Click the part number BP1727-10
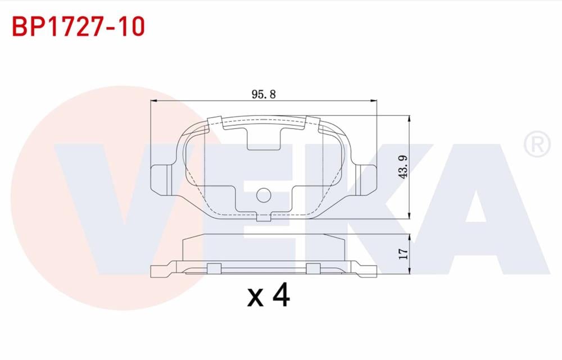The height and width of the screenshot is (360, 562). (x=78, y=26)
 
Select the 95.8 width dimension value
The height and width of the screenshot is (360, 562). (x=264, y=94)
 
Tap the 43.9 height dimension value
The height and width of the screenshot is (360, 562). (x=402, y=167)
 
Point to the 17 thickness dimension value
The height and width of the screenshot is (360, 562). (x=402, y=254)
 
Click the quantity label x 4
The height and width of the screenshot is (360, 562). (x=269, y=296)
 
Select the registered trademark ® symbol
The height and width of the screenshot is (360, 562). (x=537, y=144)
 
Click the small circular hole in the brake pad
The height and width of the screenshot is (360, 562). (x=263, y=195)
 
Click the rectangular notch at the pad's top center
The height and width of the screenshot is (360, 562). (x=264, y=138)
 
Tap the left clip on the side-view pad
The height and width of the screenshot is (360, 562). (x=214, y=268)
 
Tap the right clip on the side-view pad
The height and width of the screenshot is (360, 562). (x=312, y=268)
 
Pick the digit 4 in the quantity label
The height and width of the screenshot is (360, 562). (x=280, y=296)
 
